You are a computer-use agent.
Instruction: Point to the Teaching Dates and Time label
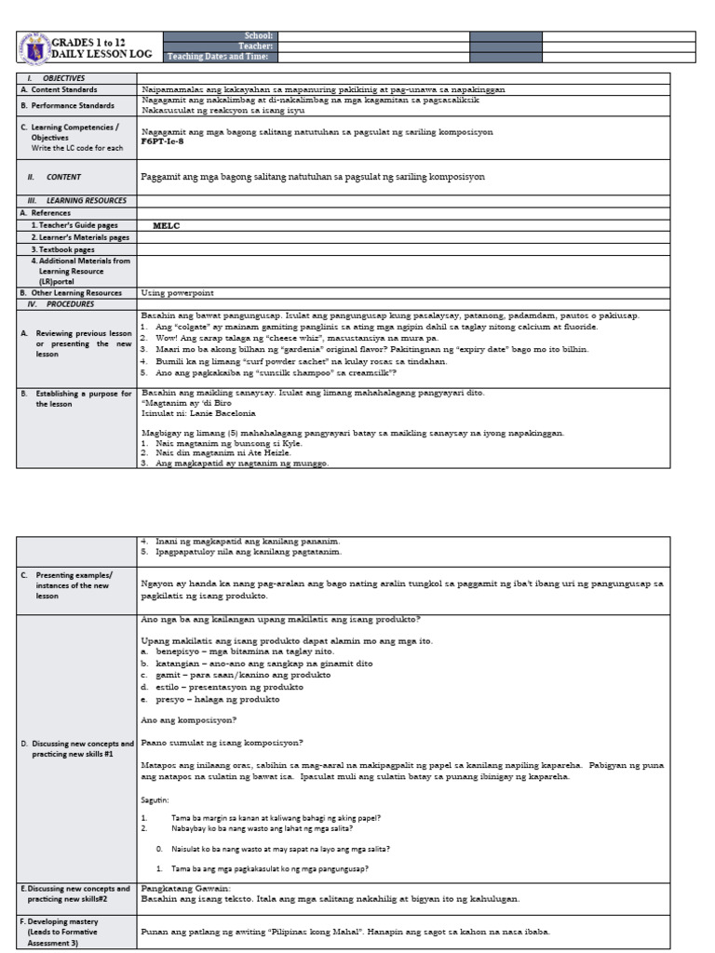tap(218, 57)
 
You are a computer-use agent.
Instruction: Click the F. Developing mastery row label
tap(68, 921)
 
